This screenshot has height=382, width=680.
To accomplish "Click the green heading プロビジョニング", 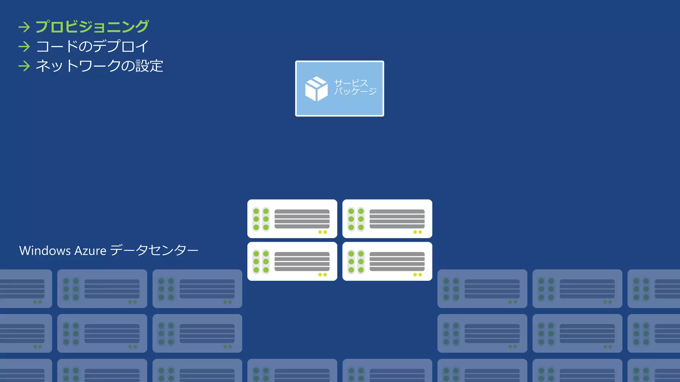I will point(92,27).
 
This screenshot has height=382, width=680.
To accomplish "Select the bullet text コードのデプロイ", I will point(92,46).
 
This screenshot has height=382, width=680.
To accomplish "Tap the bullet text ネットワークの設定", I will point(99,66).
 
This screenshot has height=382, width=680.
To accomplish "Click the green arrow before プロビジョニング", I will point(24,27).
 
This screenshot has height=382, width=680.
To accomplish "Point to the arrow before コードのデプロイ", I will point(24,46).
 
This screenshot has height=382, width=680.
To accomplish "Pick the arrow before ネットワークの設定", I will point(24,66).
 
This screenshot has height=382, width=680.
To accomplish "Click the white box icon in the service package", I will point(316,89).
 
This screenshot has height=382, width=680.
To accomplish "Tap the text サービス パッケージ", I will point(355,87).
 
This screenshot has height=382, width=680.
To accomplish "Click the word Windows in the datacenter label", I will point(45,251).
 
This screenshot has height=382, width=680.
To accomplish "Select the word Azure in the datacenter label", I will point(90,251).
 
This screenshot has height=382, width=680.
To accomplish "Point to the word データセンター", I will point(154,250).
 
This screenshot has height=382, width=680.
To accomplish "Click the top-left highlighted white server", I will point(292,219).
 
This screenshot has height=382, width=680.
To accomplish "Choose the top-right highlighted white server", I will point(387,219).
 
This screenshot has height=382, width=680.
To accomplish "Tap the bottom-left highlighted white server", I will point(292,261).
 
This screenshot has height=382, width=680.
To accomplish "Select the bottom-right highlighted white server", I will point(387,261).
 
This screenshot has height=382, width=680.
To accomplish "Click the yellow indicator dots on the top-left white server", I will point(322,232).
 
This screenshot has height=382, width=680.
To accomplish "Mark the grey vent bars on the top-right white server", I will point(397,219).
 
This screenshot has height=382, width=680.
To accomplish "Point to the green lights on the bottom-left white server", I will point(261,262).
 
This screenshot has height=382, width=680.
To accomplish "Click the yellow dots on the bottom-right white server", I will point(417,275).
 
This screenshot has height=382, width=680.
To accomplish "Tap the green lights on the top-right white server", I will point(356,219).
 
